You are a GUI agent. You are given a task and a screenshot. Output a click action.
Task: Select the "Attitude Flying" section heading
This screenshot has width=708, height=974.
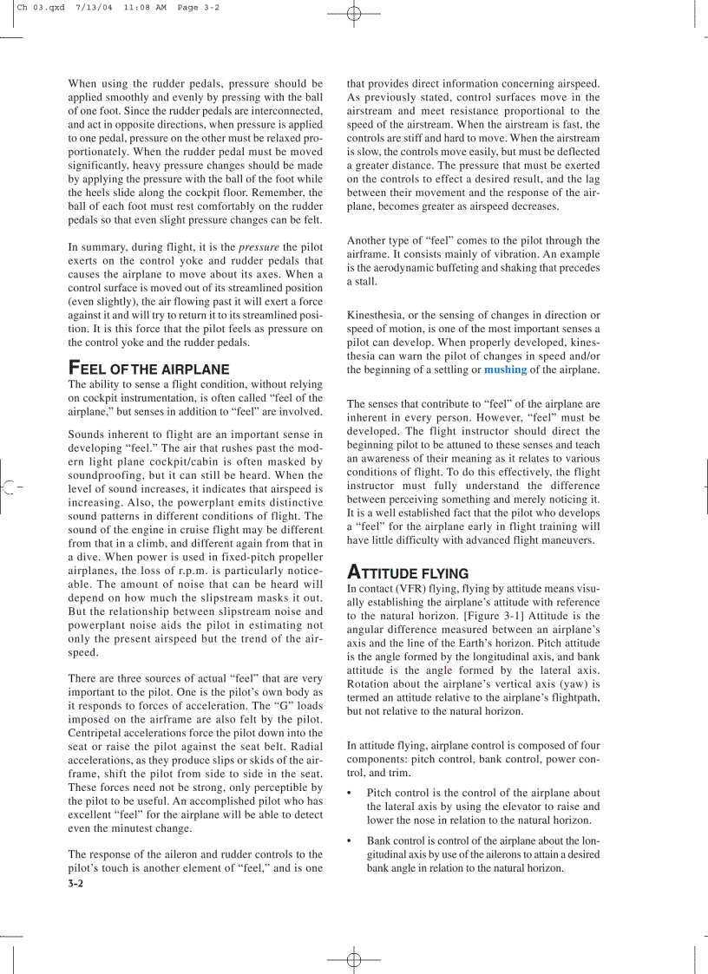click(x=407, y=573)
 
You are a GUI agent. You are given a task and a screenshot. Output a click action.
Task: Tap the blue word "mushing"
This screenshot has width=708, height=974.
click(x=505, y=369)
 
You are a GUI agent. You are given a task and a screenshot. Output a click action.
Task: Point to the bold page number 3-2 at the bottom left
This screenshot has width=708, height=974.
click(x=75, y=884)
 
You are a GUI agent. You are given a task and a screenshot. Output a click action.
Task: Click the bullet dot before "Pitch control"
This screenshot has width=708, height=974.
click(x=350, y=793)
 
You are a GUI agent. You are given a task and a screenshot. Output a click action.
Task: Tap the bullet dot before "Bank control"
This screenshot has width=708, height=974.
click(x=350, y=840)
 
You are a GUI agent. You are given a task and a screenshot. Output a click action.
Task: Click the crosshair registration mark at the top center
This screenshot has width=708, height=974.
click(x=353, y=14)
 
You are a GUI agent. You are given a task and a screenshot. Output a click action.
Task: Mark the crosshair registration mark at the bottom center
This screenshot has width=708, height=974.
click(x=353, y=960)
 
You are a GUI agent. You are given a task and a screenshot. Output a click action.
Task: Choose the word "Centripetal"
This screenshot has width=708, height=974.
click(x=99, y=733)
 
